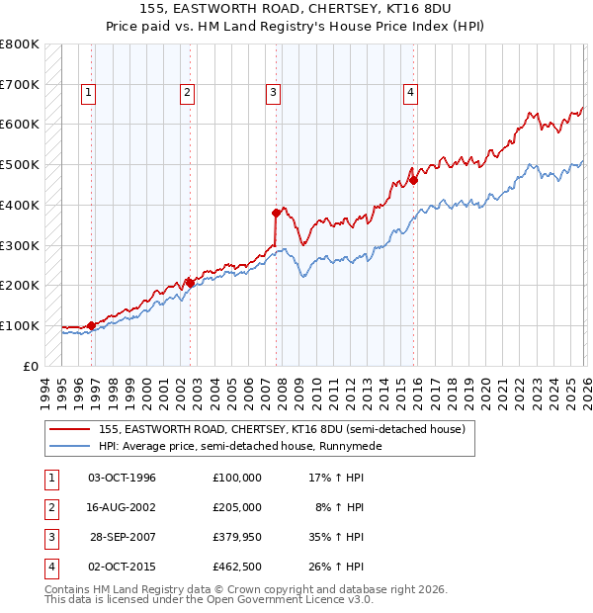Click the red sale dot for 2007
[278, 213]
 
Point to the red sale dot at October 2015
[414, 180]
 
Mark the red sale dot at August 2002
[190, 283]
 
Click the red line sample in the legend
[69, 429]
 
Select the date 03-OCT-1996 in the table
[122, 478]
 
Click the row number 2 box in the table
[48, 507]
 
